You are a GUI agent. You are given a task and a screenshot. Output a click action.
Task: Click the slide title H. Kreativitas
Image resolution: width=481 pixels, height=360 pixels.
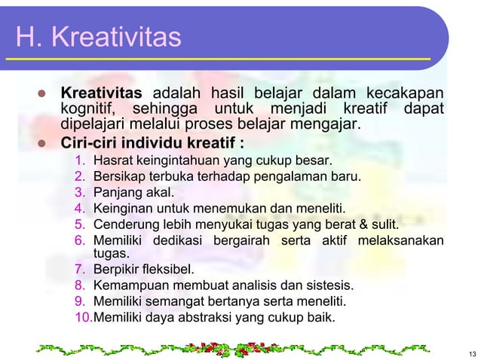click(97, 37)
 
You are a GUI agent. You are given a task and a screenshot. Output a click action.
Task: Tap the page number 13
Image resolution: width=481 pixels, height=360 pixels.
click(472, 354)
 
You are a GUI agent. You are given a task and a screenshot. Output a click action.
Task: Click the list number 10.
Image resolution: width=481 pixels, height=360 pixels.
click(83, 317)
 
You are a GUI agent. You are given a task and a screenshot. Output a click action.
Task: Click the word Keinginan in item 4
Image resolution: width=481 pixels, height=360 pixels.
click(121, 208)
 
